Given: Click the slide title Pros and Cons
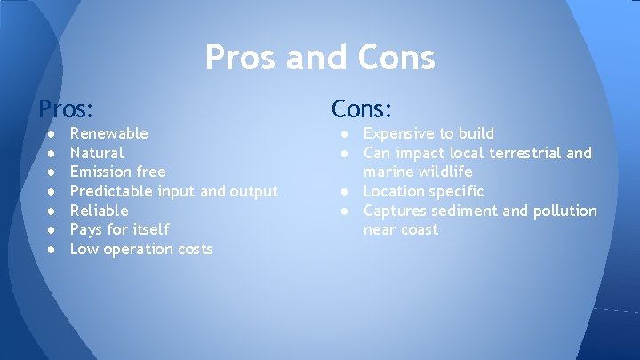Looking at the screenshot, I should point(320,58).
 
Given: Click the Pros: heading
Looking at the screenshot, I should point(66,109).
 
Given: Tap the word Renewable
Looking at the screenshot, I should point(109,133).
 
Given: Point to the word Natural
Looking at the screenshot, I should point(97,153).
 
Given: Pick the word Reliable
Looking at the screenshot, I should point(99,211).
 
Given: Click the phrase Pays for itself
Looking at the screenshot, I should point(119,229).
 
